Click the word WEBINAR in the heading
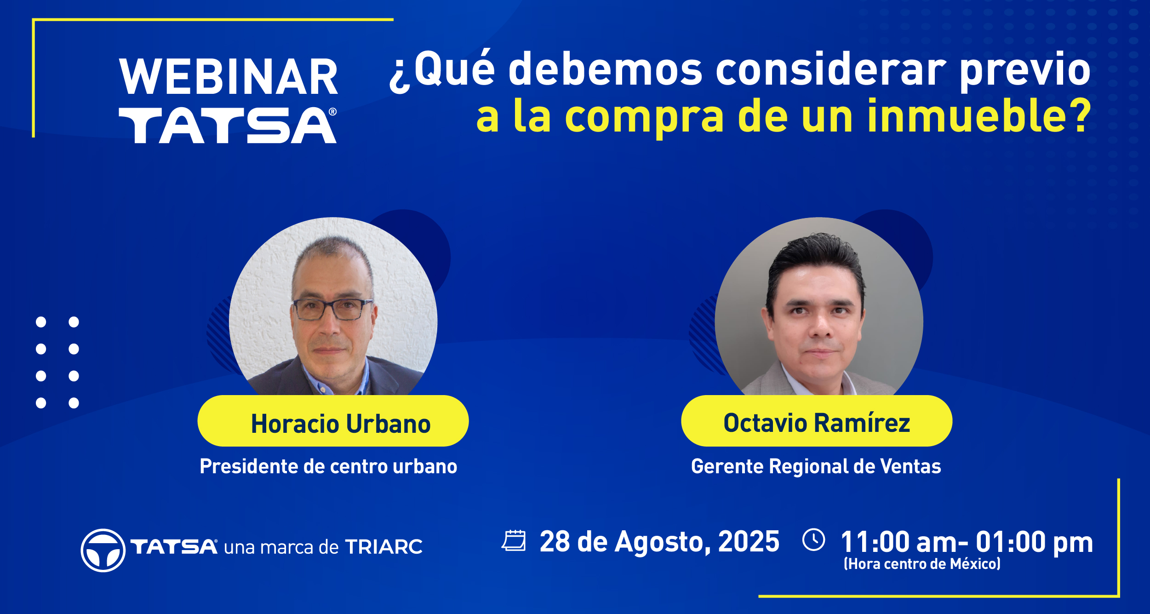pyautogui.click(x=229, y=77)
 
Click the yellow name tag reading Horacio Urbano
pyautogui.click(x=333, y=421)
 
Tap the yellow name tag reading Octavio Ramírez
pyautogui.click(x=817, y=421)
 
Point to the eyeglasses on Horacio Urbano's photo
pyautogui.click(x=333, y=309)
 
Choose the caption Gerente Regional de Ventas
pyautogui.click(x=816, y=467)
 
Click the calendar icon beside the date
pyautogui.click(x=514, y=540)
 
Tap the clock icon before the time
pyautogui.click(x=814, y=539)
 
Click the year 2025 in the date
pyautogui.click(x=749, y=541)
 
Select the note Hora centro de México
pyautogui.click(x=922, y=564)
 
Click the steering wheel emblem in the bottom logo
pyautogui.click(x=103, y=550)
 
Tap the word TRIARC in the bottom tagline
pyautogui.click(x=384, y=547)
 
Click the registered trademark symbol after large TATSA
pyautogui.click(x=333, y=112)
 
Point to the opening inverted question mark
pyautogui.click(x=399, y=78)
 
